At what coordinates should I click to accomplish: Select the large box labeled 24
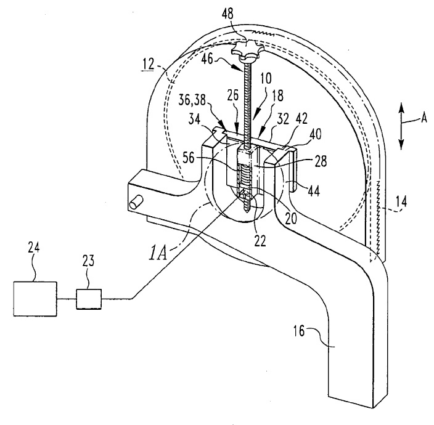[x=35, y=299]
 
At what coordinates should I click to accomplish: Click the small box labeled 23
[x=89, y=299]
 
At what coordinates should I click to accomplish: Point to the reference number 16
[x=299, y=331]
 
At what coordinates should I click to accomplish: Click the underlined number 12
[x=148, y=65]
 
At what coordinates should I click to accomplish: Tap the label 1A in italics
[x=158, y=254]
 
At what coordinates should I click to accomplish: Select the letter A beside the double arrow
[x=424, y=119]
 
